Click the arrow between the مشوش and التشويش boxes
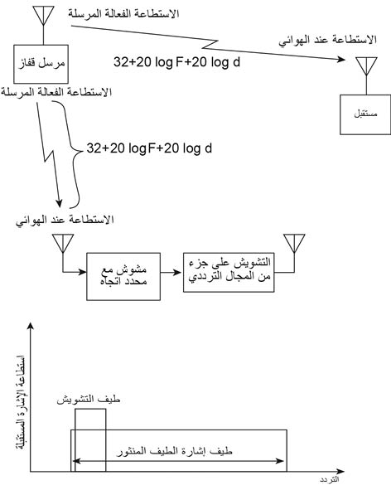click(171, 272)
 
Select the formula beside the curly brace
click(149, 148)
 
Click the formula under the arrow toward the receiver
click(176, 62)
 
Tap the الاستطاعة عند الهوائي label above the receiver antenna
click(328, 41)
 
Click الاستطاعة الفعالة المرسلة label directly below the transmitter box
click(56, 92)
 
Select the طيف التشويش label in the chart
click(89, 400)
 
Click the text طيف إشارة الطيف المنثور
click(175, 452)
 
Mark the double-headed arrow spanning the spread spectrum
click(177, 461)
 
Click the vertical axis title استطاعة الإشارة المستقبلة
click(21, 402)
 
